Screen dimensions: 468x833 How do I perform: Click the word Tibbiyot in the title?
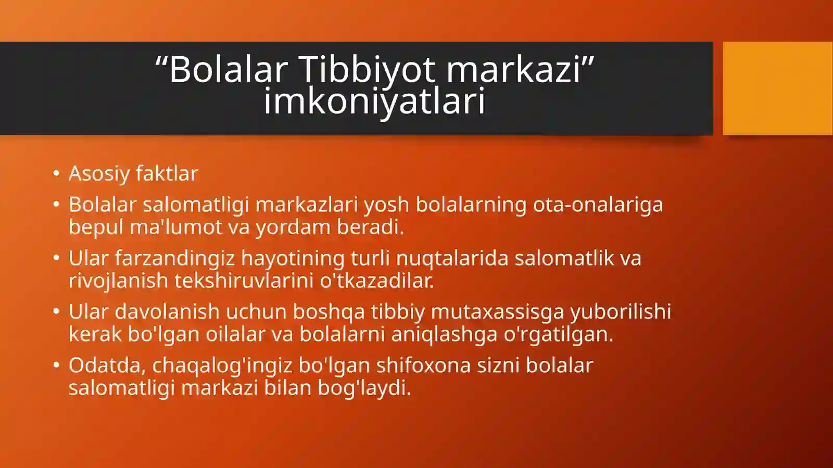pyautogui.click(x=367, y=69)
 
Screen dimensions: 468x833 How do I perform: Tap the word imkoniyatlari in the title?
pyautogui.click(x=374, y=100)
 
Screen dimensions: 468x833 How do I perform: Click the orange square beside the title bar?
pyautogui.click(x=777, y=88)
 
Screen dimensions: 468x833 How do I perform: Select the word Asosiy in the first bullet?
pyautogui.click(x=99, y=174)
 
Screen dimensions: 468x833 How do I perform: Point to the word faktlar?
pyautogui.click(x=167, y=174)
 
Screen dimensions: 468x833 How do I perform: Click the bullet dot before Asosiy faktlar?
pyautogui.click(x=56, y=173)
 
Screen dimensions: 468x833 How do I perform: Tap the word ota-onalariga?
pyautogui.click(x=598, y=205)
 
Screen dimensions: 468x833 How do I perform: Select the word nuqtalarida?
pyautogui.click(x=452, y=258)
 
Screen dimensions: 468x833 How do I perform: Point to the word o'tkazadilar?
pyautogui.click(x=376, y=281)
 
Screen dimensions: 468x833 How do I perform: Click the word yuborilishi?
pyautogui.click(x=620, y=312)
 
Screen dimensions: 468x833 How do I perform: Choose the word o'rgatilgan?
pyautogui.click(x=558, y=334)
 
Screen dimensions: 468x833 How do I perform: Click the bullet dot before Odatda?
pyautogui.click(x=56, y=365)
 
